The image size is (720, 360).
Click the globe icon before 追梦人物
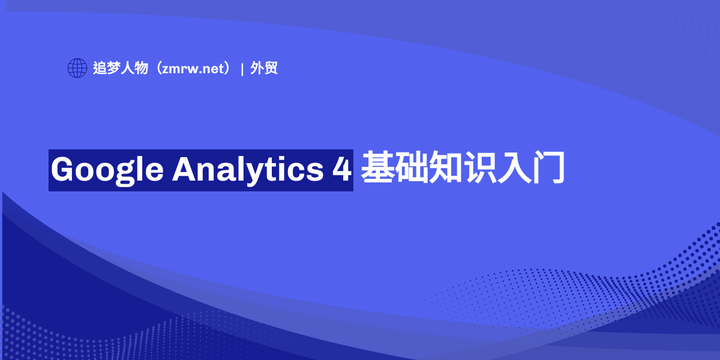77,69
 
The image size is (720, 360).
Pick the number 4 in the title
341,169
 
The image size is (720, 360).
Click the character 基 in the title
378,168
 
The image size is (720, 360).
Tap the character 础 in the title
415,168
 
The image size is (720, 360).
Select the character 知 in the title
452,168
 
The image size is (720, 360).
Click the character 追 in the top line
101,69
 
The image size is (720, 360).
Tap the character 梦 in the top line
115,69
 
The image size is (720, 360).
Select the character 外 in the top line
258,69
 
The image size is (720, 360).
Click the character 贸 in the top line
272,69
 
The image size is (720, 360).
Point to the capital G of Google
64,169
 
